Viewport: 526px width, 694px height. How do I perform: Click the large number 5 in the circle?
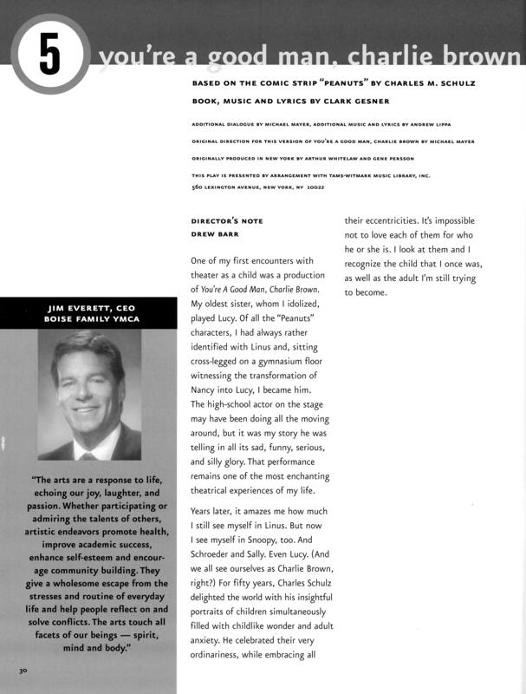[50, 55]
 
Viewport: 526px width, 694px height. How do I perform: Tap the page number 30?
[22, 671]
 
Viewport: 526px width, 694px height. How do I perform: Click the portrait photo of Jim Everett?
[88, 395]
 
